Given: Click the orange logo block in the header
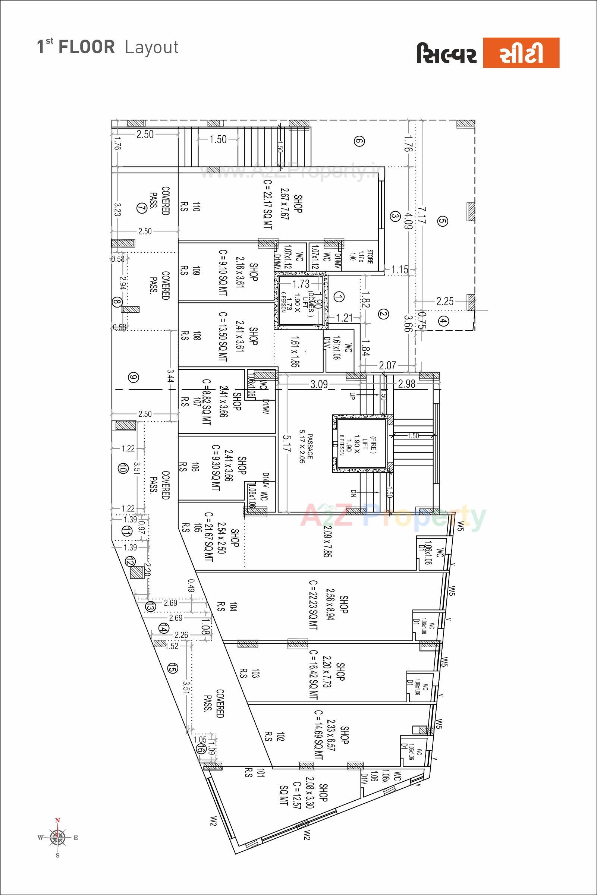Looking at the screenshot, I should tap(521, 53).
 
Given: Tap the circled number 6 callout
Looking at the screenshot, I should tap(359, 142).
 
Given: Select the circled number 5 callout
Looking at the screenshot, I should tap(442, 221).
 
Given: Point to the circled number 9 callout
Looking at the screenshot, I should tap(133, 378).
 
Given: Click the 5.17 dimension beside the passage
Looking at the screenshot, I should tap(287, 444).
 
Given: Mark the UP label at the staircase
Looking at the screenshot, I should tap(352, 396).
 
